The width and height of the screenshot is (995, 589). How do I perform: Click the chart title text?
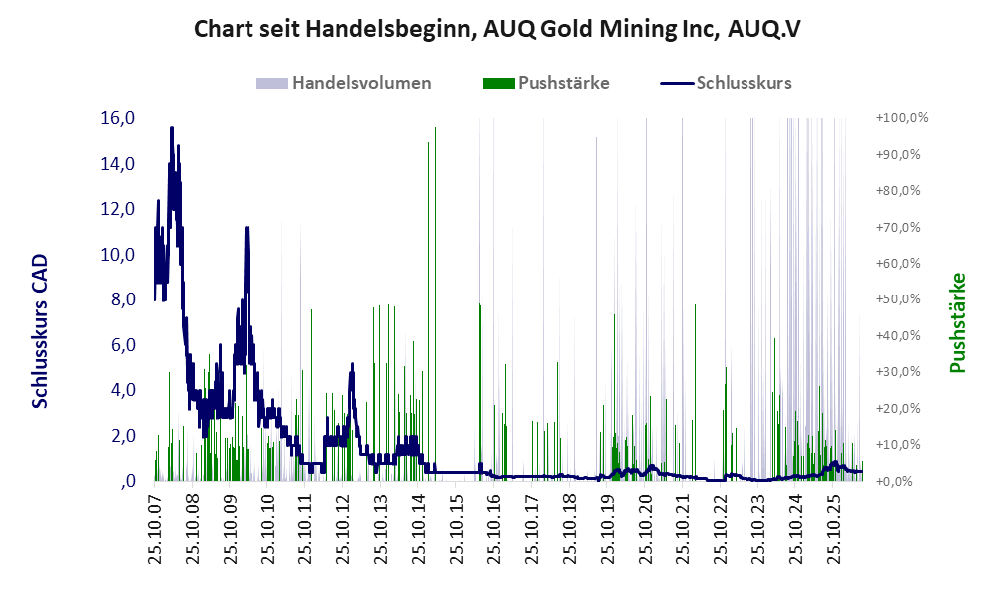coord(497,29)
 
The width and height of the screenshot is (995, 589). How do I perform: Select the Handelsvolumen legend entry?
coord(344,83)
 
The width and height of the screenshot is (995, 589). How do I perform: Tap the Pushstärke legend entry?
coord(546,83)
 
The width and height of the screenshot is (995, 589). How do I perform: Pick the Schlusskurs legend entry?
coord(726,83)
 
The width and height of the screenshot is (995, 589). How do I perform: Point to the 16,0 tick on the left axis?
coord(118,118)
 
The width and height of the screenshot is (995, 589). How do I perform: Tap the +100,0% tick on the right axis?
coord(902,118)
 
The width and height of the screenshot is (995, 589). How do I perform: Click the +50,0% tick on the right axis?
coord(898,298)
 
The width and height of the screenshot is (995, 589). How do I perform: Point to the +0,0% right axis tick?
coord(895,481)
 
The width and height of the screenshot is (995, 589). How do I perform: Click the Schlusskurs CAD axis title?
coord(40,331)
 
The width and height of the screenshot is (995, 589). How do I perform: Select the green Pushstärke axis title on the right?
coord(957,323)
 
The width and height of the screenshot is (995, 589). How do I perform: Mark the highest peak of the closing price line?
coord(172,128)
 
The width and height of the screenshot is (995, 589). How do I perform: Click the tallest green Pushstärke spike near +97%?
coord(435,304)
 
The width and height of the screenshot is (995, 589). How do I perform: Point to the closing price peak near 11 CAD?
coord(247,228)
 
